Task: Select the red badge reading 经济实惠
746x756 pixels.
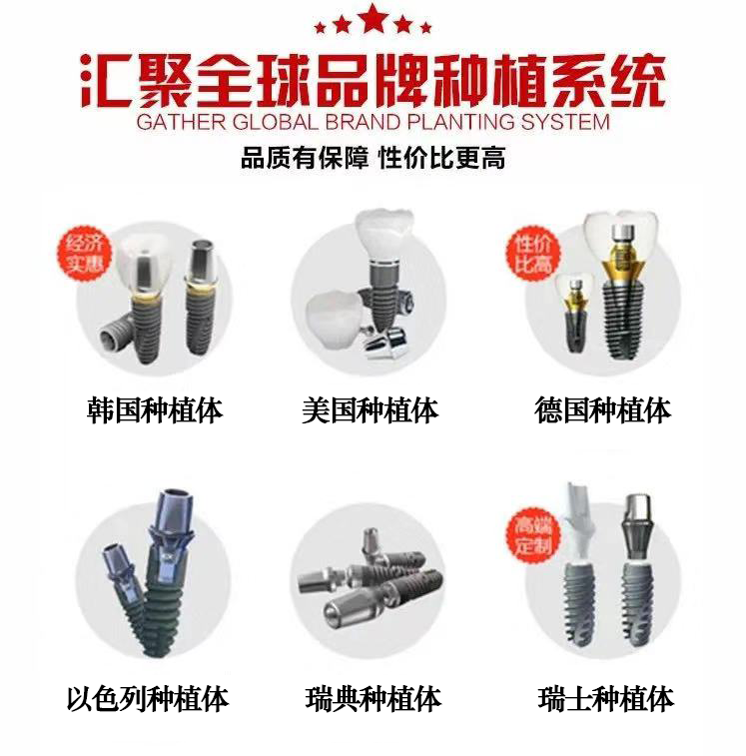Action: [x=85, y=253]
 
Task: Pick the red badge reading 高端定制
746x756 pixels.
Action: [x=533, y=535]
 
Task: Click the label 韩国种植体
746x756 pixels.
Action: [x=155, y=410]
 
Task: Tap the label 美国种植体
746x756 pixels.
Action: [x=371, y=410]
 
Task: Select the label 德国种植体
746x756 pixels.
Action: [x=603, y=410]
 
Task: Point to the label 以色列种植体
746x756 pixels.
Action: [x=148, y=699]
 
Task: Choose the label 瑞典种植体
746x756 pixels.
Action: [x=373, y=699]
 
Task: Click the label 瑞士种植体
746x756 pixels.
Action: [x=606, y=699]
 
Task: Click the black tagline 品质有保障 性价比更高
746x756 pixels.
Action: [x=373, y=158]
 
